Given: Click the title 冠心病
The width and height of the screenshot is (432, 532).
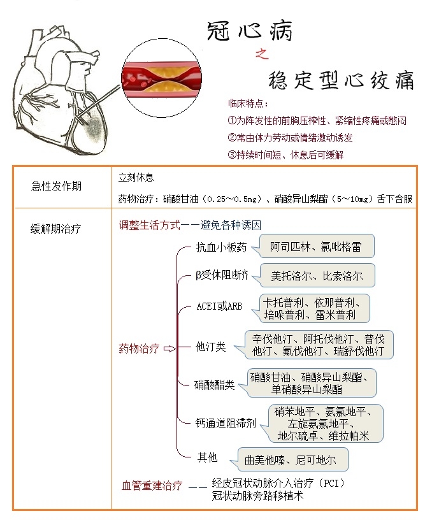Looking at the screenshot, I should pyautogui.click(x=250, y=30).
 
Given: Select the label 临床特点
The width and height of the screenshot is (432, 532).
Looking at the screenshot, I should pyautogui.click(x=248, y=104).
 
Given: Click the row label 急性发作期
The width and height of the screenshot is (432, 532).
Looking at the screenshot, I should pyautogui.click(x=57, y=187).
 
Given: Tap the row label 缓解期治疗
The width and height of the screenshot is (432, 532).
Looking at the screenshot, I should pyautogui.click(x=57, y=228).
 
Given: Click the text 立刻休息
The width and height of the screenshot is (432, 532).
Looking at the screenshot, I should pyautogui.click(x=136, y=177).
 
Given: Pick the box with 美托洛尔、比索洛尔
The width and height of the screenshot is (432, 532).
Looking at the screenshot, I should pyautogui.click(x=316, y=276).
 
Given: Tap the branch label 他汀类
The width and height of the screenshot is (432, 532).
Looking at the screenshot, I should pyautogui.click(x=210, y=347).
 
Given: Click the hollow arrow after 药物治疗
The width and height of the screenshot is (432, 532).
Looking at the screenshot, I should pyautogui.click(x=169, y=349).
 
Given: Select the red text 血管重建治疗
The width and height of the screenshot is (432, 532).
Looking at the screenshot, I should pyautogui.click(x=152, y=486).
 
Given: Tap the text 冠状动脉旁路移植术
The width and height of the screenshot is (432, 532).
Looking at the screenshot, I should pyautogui.click(x=257, y=495).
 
